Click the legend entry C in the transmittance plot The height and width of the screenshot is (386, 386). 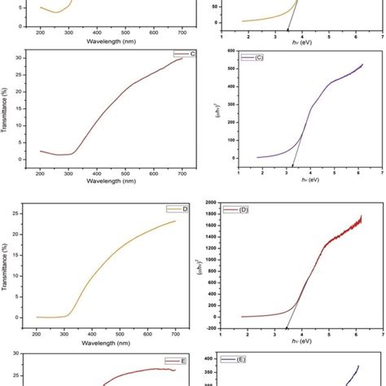185,54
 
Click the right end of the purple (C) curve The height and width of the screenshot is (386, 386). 362,64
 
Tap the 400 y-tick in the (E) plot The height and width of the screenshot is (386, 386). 225,358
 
